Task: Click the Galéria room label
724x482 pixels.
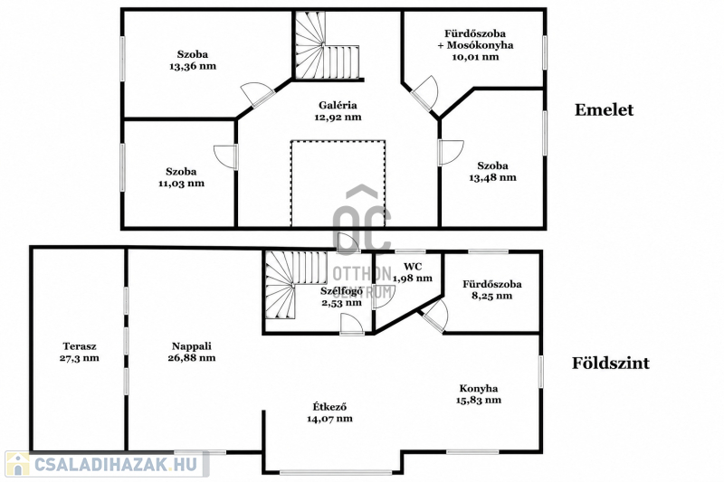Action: [x=338, y=105]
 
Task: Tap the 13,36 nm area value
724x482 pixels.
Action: [x=193, y=66]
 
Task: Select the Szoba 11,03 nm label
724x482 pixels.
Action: [x=181, y=177]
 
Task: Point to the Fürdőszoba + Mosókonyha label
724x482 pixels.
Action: [x=475, y=39]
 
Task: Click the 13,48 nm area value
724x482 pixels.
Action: [x=492, y=177]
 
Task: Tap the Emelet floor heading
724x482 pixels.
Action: [x=604, y=109]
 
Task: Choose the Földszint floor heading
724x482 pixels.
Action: [x=611, y=363]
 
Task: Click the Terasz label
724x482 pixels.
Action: [x=80, y=346]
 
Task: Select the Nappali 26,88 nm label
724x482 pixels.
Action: [x=192, y=352]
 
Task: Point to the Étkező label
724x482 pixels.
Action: [x=329, y=407]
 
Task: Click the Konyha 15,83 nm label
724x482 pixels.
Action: [x=479, y=394]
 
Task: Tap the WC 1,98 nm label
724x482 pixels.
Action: [x=413, y=272]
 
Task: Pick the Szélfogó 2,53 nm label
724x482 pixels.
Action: [x=341, y=297]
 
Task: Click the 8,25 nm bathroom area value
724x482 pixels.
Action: [x=491, y=296]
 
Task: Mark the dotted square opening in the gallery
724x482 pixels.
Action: [x=338, y=184]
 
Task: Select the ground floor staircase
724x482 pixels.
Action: [x=296, y=285]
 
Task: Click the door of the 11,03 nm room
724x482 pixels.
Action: [x=225, y=156]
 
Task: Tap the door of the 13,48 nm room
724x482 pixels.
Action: [x=450, y=152]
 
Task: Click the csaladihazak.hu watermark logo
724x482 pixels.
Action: [x=107, y=464]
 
